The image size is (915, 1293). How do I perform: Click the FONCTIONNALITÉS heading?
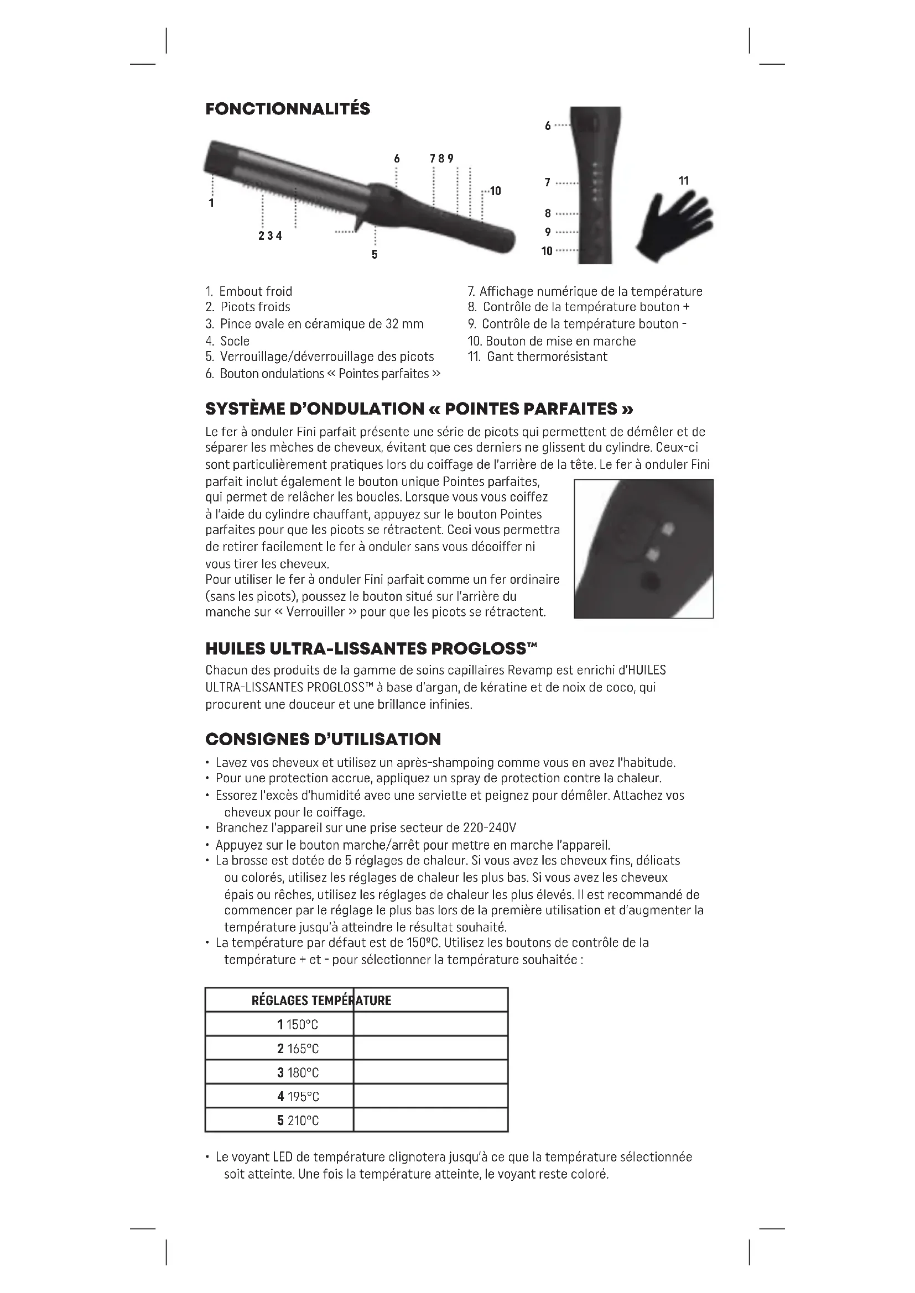point(287,109)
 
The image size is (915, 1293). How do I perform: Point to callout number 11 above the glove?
point(683,181)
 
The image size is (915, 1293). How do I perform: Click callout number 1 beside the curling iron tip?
point(211,203)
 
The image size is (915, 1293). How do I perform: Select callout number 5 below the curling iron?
point(375,254)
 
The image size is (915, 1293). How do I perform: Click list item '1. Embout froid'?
point(248,291)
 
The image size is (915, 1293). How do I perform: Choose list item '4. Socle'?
point(227,341)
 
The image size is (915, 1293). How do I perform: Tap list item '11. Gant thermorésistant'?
point(538,357)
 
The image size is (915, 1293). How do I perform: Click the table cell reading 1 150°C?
point(298,1024)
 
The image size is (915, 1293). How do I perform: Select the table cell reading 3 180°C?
point(298,1072)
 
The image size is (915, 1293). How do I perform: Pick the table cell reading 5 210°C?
point(298,1121)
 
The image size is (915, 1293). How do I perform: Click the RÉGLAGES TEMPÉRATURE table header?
point(321,1000)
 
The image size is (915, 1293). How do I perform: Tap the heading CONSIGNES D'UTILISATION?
point(323,739)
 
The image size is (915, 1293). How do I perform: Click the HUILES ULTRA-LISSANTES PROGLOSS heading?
point(371,648)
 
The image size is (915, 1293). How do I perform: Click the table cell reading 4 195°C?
point(298,1096)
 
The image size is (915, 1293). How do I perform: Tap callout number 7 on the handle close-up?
point(548,182)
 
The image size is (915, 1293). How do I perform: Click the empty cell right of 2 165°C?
point(430,1048)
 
